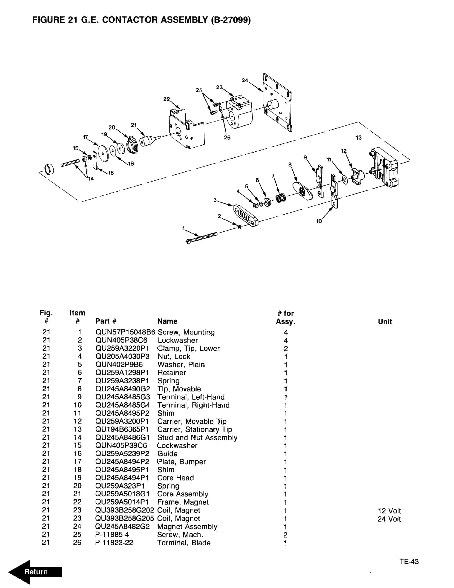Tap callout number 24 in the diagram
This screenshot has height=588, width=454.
click(x=244, y=80)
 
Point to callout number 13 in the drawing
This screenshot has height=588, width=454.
click(x=358, y=138)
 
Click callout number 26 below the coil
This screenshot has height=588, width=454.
click(x=227, y=138)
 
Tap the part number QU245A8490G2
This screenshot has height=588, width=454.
click(x=123, y=389)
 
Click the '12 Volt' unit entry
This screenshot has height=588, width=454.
click(x=389, y=511)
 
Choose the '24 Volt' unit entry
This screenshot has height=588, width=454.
click(x=389, y=519)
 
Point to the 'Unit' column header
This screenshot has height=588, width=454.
click(x=385, y=321)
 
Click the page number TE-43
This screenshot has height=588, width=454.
click(x=409, y=561)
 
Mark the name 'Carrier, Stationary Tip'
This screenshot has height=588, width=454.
click(x=195, y=429)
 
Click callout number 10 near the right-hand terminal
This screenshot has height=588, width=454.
click(x=319, y=221)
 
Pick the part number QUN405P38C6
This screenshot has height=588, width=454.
click(x=121, y=340)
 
